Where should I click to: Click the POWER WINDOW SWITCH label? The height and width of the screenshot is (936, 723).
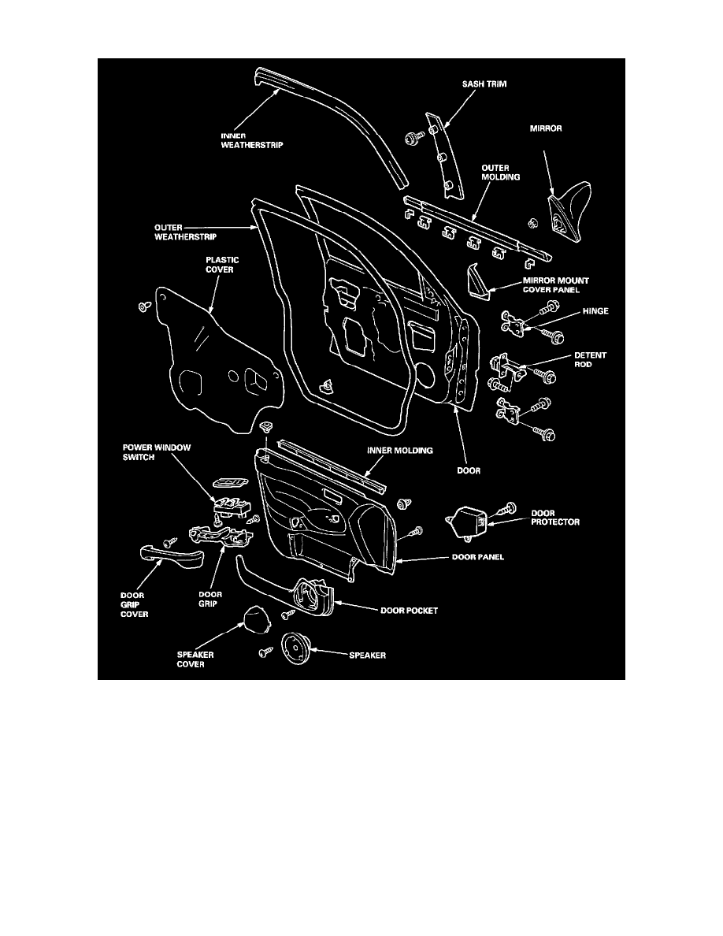(161, 452)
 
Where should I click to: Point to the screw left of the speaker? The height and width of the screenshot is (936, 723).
(265, 652)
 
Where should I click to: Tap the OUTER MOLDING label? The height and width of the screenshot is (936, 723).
(501, 173)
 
